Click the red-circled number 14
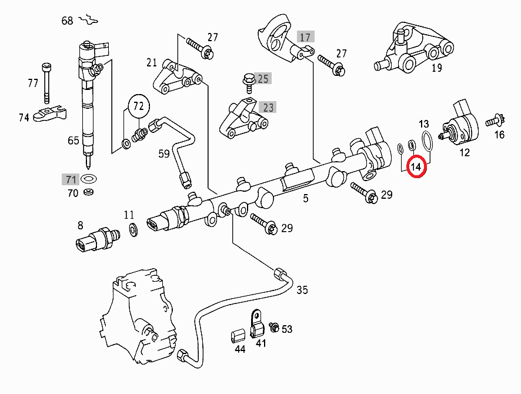pyautogui.click(x=416, y=168)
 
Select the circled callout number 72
pyautogui.click(x=138, y=106)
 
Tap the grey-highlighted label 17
pyautogui.click(x=305, y=37)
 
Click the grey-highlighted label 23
pyautogui.click(x=268, y=108)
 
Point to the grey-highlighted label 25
pyautogui.click(x=263, y=78)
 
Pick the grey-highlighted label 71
pyautogui.click(x=71, y=179)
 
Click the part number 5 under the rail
pyautogui.click(x=306, y=198)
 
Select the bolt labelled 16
pyautogui.click(x=493, y=122)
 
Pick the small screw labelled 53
pyautogui.click(x=273, y=327)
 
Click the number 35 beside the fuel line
pyautogui.click(x=302, y=290)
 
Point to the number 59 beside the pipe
pyautogui.click(x=163, y=155)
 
